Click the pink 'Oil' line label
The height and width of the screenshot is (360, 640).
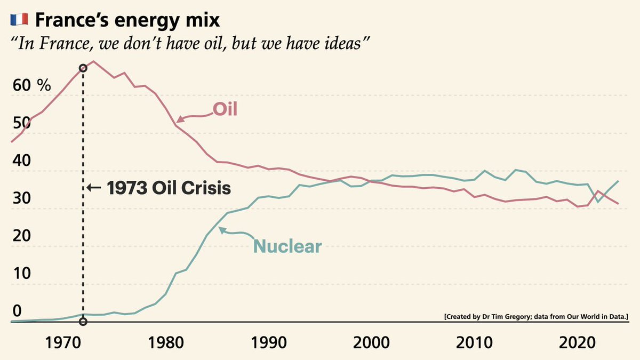[225, 109]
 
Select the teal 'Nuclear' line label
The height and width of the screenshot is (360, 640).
[287, 246]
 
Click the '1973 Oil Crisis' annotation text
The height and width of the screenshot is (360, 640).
[168, 188]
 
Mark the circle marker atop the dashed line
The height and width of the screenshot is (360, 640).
[83, 68]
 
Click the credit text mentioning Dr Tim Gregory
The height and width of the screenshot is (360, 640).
[536, 317]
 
